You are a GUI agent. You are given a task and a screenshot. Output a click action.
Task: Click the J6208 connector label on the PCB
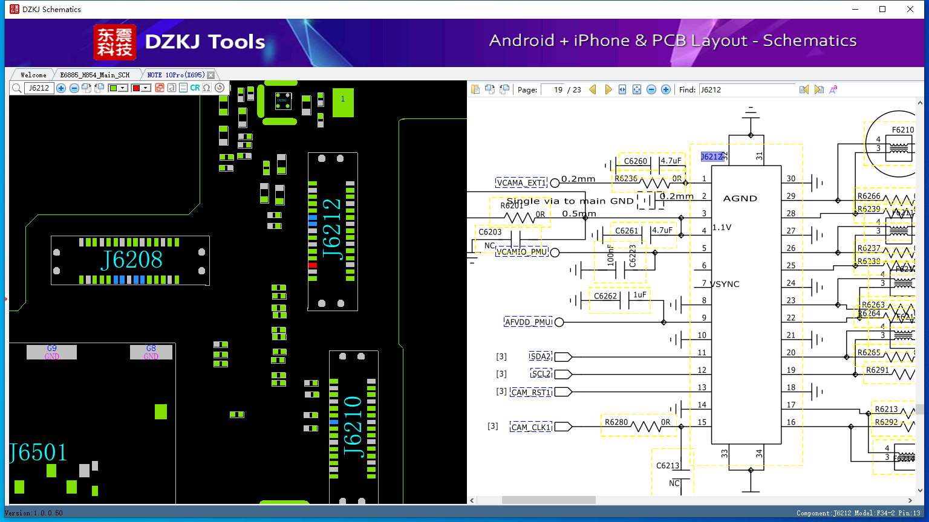(131, 260)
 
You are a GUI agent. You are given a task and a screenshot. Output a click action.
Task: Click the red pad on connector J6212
(312, 265)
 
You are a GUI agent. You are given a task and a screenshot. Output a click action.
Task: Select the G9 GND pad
(51, 352)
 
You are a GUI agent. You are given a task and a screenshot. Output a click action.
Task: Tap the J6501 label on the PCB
(37, 453)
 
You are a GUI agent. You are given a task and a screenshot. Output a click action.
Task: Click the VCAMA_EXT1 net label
(521, 182)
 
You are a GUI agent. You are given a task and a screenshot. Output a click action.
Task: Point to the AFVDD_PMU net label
(528, 322)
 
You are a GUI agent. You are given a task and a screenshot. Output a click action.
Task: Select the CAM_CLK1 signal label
(531, 427)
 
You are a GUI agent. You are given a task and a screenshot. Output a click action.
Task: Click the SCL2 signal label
(541, 374)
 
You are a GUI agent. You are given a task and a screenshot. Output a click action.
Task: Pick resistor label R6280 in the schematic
(616, 422)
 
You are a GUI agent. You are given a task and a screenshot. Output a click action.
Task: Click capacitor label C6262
(605, 296)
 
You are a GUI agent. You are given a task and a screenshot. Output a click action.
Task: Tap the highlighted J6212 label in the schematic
(712, 156)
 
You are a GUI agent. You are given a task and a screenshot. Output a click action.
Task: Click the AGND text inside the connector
(740, 198)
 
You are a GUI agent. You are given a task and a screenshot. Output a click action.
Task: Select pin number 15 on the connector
(702, 422)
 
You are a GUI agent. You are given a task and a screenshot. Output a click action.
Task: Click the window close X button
(910, 9)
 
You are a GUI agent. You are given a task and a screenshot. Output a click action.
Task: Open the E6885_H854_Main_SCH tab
(95, 75)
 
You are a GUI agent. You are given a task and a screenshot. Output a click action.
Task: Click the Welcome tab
(33, 75)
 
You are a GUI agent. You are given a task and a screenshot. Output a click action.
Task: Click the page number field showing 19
(553, 90)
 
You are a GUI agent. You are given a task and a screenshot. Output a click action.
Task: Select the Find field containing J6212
(746, 90)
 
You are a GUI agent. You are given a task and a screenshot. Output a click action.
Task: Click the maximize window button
(882, 9)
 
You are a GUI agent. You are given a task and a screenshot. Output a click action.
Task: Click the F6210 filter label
(902, 130)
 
